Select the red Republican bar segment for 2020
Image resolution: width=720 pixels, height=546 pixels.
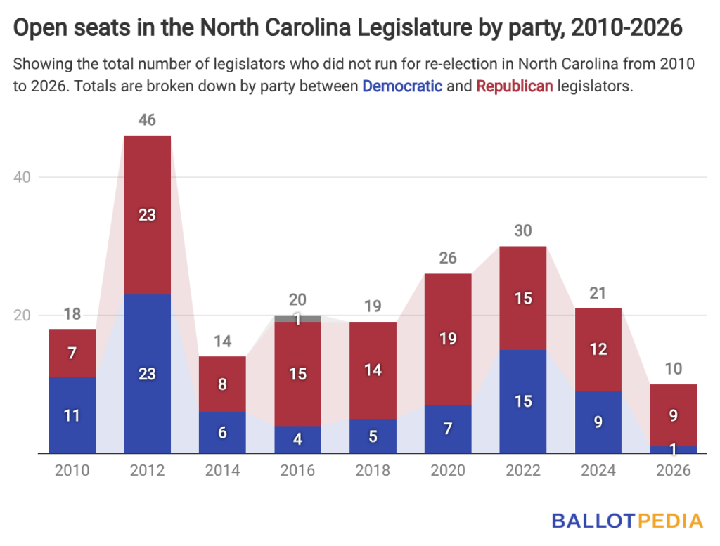click(448, 316)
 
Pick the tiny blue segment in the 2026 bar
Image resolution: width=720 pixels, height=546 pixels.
click(673, 450)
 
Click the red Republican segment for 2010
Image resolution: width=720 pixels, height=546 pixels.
click(72, 353)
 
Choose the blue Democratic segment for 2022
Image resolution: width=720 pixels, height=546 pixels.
click(522, 401)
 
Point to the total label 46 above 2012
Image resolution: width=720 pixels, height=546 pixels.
click(147, 120)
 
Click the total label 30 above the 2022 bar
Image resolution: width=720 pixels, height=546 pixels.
click(522, 230)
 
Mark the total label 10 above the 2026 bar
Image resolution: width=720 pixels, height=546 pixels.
click(673, 369)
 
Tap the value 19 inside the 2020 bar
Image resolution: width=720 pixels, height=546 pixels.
click(448, 339)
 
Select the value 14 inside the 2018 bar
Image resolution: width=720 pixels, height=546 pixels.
click(373, 370)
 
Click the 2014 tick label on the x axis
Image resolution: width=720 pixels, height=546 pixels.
click(222, 471)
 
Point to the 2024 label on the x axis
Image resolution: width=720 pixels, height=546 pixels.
click(598, 471)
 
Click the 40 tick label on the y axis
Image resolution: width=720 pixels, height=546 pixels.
click(23, 177)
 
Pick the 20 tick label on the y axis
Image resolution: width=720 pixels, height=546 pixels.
click(23, 316)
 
